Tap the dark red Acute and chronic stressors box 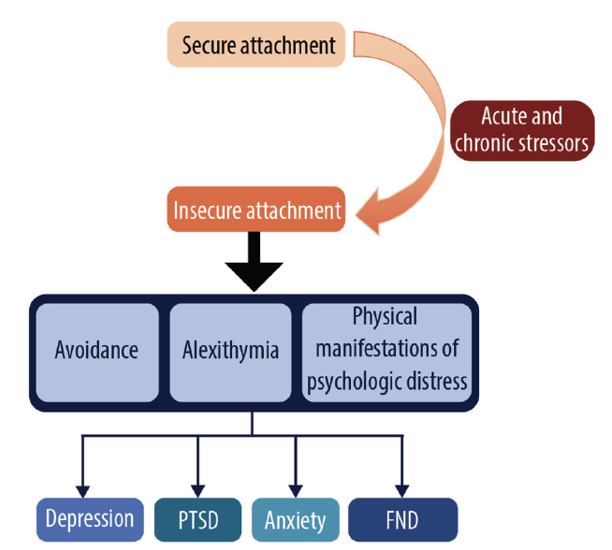coord(521,131)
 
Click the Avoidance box coord(96,352)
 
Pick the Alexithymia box coord(230,352)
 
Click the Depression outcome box coord(90,519)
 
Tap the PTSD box coord(198,519)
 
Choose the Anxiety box coord(295,519)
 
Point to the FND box coord(402,519)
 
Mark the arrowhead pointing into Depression coord(82,489)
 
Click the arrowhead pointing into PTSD coord(198,489)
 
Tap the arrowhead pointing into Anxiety coord(296,489)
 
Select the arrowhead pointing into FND coord(402,489)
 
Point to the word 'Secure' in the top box coord(210,45)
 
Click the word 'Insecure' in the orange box coord(206,210)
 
